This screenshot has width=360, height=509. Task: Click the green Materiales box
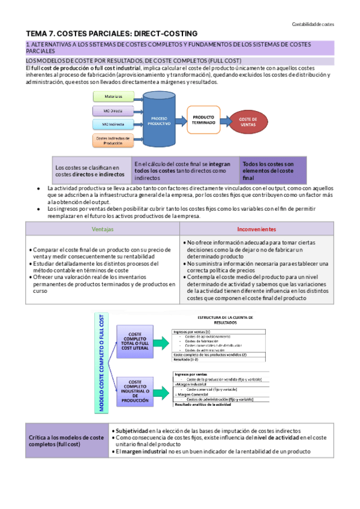(110, 97)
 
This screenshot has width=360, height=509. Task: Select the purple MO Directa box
(110, 110)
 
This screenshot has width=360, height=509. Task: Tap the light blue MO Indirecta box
(110, 124)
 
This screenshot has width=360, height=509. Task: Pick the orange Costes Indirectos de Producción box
(109, 141)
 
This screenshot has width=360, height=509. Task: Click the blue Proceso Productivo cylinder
(160, 121)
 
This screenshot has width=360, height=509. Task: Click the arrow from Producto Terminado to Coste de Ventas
(224, 119)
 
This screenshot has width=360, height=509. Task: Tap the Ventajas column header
(103, 229)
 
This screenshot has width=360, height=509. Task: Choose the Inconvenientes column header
(256, 229)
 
